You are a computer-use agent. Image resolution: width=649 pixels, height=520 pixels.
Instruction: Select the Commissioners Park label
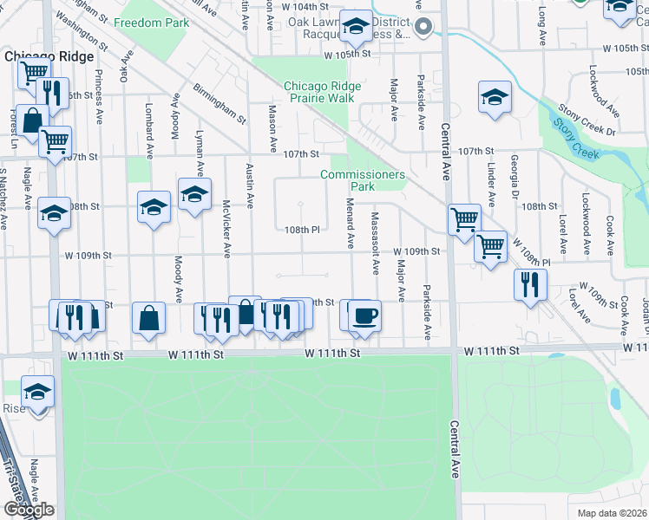coord(363,180)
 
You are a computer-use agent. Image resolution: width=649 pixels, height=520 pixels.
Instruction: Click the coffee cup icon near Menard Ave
coord(364,314)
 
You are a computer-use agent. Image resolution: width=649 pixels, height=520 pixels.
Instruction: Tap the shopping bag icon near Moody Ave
coord(149,316)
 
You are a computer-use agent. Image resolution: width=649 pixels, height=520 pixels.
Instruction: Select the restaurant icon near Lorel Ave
coord(529,284)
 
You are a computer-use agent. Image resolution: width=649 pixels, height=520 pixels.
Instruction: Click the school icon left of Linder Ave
coord(494,97)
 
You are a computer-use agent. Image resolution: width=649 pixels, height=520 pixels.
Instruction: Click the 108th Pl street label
coord(303,230)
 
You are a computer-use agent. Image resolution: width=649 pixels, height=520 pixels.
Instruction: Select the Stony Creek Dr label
coord(587,121)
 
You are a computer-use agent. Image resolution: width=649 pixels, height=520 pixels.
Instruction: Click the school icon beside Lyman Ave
coord(194,194)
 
